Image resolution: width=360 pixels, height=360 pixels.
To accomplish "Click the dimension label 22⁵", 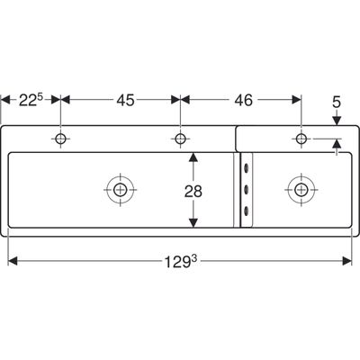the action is point(31,100).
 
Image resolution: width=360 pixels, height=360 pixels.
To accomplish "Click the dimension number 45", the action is point(125,100).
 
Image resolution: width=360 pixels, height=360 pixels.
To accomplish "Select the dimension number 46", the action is point(244,100).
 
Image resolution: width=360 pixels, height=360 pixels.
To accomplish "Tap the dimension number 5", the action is point(337,103).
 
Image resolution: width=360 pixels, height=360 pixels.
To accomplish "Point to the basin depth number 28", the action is point(193,192).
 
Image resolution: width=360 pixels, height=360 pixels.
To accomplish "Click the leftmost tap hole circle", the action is point(60,139).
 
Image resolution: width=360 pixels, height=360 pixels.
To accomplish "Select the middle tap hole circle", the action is point(180,139).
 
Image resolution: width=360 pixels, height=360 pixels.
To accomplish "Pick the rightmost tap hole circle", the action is point(301,139).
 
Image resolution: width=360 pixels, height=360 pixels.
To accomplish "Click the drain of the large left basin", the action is point(120,190).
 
